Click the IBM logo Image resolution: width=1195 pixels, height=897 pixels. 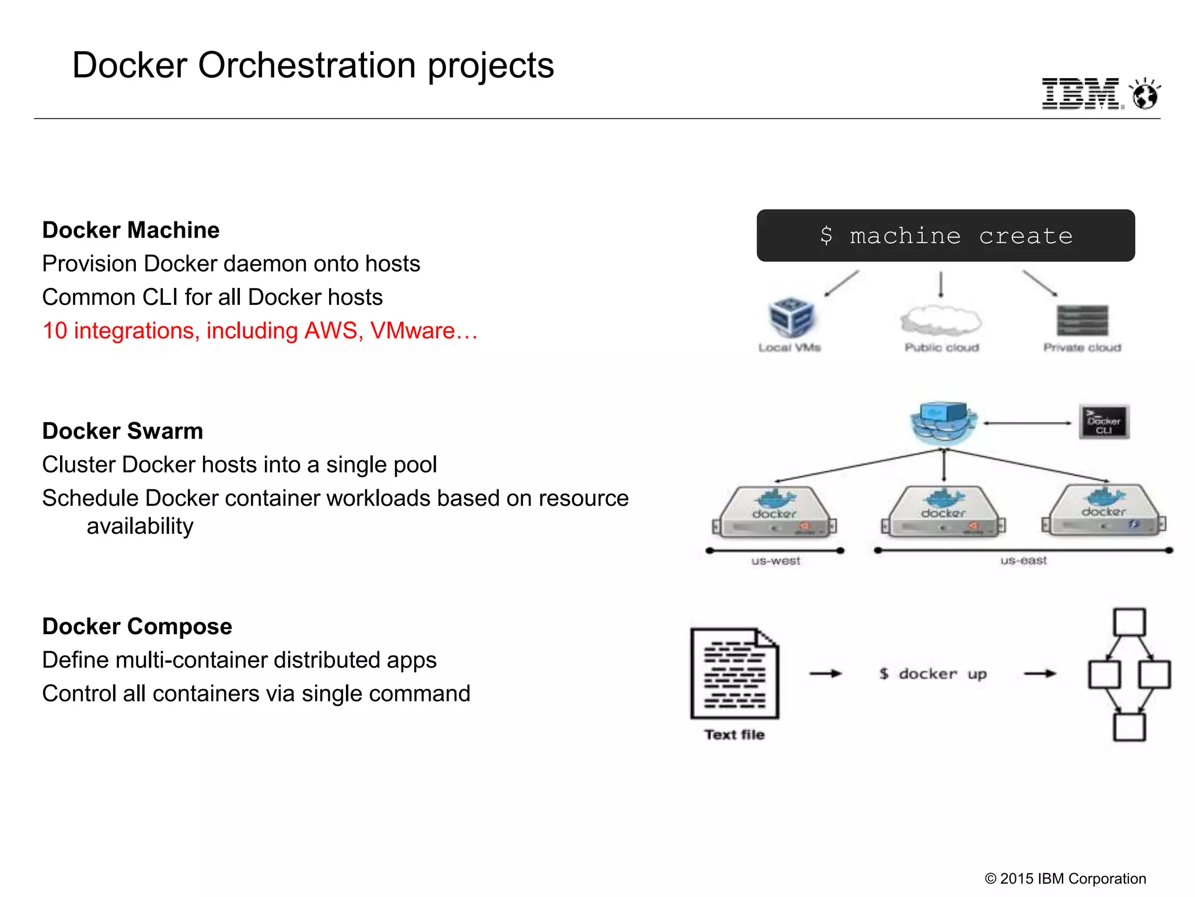click(x=1081, y=93)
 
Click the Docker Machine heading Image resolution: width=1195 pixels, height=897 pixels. click(x=131, y=230)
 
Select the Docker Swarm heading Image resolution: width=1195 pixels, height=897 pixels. click(x=123, y=431)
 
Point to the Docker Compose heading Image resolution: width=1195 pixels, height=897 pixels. click(x=137, y=626)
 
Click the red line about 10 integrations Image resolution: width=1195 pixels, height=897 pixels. click(x=260, y=331)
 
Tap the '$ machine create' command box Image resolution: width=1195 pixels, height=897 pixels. click(x=945, y=235)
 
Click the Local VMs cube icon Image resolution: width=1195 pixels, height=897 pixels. click(x=791, y=317)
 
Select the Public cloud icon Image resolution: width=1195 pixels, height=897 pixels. click(x=941, y=320)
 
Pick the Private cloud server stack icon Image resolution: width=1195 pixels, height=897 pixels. click(x=1082, y=320)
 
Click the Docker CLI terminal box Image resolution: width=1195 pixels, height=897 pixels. click(x=1104, y=422)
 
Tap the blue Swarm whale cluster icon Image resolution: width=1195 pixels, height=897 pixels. click(x=944, y=422)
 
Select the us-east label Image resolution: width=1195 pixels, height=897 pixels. click(x=1023, y=561)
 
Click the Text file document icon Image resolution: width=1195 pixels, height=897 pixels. click(x=735, y=673)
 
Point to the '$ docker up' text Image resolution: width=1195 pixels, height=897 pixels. click(x=933, y=674)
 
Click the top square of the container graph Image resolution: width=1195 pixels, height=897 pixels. click(x=1129, y=623)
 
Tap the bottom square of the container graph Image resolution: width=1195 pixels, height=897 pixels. click(x=1129, y=727)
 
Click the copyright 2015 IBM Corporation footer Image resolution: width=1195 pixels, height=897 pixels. click(x=1065, y=878)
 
